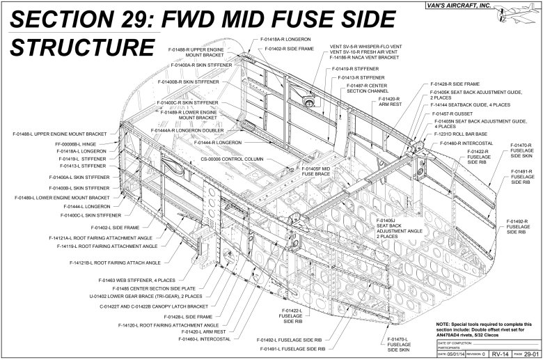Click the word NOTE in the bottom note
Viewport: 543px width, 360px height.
pyautogui.click(x=445, y=325)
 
